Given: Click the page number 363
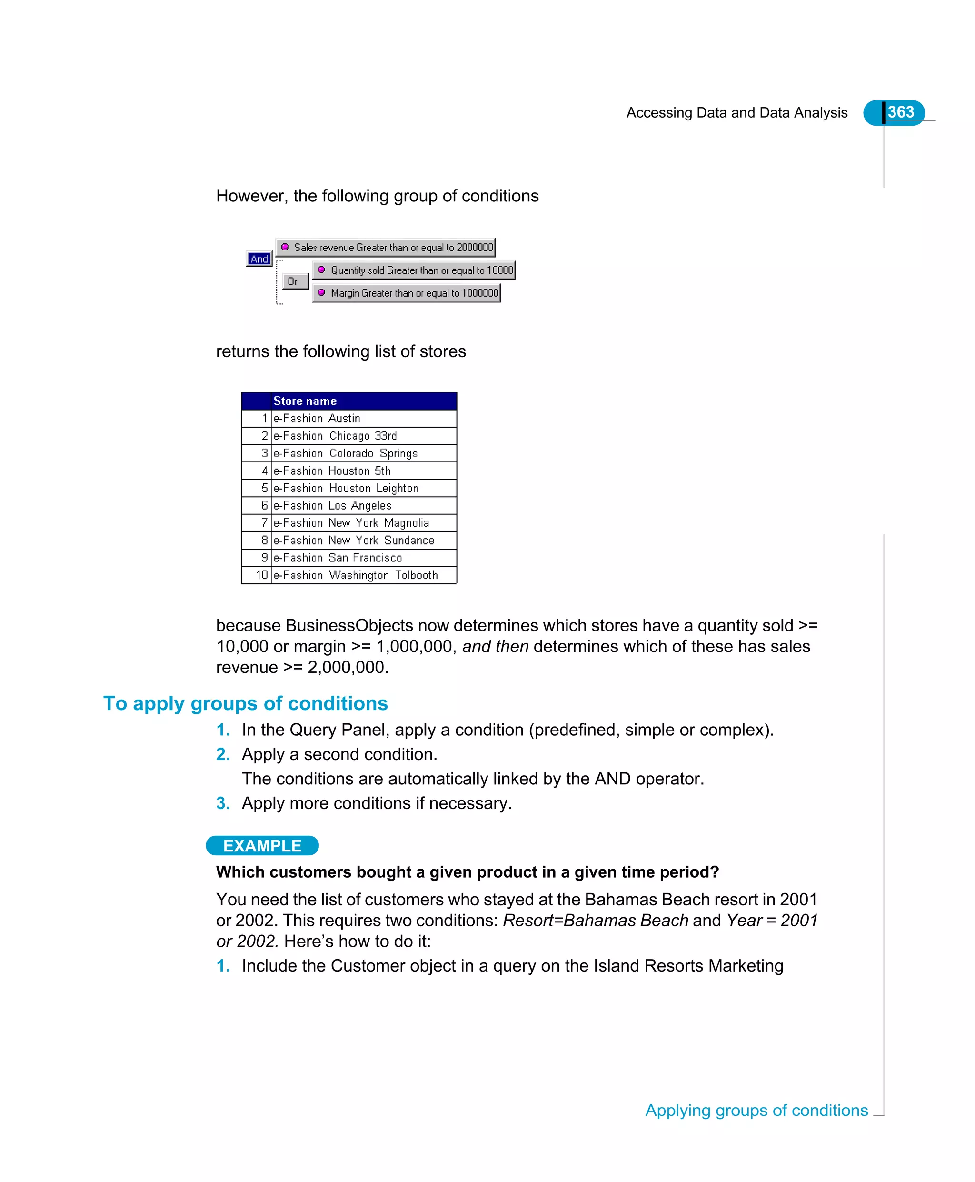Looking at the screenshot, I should point(900,112).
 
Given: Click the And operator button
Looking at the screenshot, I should point(259,259).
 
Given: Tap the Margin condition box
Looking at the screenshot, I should point(407,293).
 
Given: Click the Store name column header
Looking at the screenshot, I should point(305,401).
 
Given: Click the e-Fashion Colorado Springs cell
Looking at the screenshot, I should point(346,453).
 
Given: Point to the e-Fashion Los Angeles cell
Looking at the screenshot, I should point(332,506).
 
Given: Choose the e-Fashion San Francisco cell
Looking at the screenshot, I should point(338,558).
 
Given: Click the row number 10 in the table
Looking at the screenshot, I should point(262,575).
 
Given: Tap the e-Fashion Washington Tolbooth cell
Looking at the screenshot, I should point(355,575).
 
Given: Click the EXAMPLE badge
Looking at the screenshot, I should point(262,845).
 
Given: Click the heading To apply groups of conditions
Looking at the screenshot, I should point(246,703).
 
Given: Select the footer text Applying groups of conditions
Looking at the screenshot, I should point(756,1111).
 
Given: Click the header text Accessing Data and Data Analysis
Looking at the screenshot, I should point(736,113).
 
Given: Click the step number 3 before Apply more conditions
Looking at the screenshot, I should point(223,803).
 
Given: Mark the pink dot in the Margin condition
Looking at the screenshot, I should point(321,292).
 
